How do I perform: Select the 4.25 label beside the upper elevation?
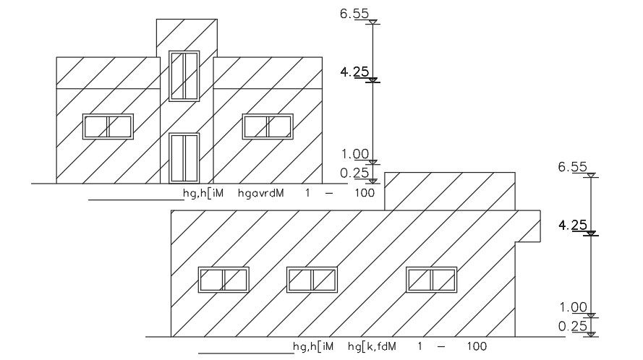356,72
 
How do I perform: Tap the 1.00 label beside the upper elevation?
356,154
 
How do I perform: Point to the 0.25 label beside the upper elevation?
356,172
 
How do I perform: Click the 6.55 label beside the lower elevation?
572,167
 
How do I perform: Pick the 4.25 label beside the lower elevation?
572,226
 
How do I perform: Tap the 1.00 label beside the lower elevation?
572,307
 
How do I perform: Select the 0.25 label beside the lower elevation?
572,326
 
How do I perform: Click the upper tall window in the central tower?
184,75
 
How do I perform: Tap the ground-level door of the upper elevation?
184,157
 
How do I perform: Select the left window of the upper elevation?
108,126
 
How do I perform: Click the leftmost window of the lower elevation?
223,280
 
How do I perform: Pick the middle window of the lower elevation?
312,280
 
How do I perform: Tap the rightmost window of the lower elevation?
431,280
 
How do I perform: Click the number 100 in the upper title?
365,194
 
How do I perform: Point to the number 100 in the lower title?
477,347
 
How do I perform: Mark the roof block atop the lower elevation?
449,191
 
